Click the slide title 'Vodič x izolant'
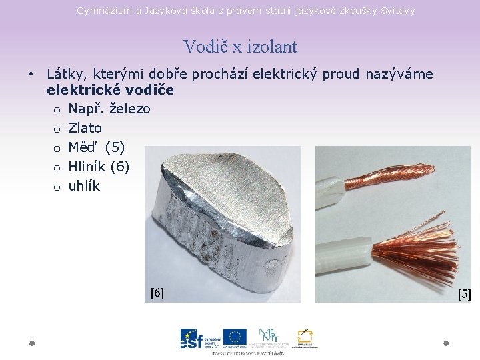240,47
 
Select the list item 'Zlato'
85,128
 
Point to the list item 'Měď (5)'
96,147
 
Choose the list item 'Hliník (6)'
99,167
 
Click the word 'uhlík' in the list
84,186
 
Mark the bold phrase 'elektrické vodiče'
110,89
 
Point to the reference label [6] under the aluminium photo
157,293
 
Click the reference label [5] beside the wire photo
465,294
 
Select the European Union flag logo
235,337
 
